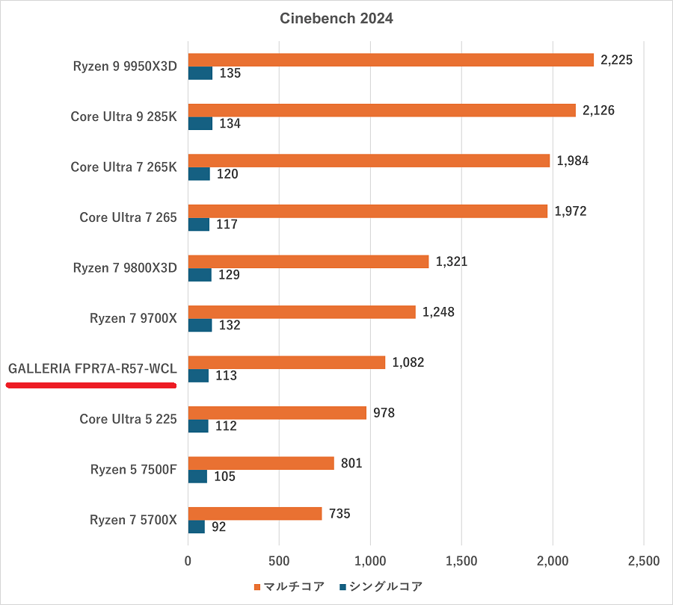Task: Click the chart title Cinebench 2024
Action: click(336, 19)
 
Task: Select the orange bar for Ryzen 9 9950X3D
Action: click(390, 60)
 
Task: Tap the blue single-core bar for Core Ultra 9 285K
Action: click(200, 123)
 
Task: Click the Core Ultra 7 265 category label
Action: click(128, 217)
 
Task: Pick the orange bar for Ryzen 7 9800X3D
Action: click(308, 261)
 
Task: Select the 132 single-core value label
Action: click(230, 325)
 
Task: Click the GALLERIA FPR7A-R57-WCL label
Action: click(93, 369)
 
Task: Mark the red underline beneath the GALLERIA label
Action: click(90, 385)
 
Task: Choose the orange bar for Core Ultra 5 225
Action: click(277, 413)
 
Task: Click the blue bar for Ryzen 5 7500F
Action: click(197, 477)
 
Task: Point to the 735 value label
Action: click(339, 514)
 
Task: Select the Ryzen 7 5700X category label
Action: click(133, 520)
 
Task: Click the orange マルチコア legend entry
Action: click(292, 586)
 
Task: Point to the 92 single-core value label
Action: click(218, 527)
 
